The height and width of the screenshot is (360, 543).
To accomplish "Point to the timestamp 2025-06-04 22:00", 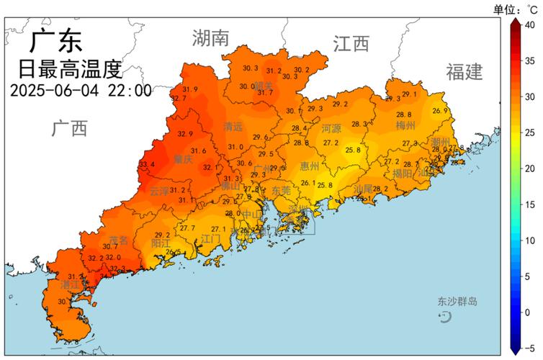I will pos(81,91).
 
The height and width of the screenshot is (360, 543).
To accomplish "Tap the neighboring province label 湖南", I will pos(210,37).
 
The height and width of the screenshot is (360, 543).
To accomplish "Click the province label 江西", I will pos(351,44).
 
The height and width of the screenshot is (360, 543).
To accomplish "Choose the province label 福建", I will pos(464,71).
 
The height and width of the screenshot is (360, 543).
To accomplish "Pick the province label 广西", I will pos(69,129).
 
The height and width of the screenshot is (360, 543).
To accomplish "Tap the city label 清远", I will pos(233,127).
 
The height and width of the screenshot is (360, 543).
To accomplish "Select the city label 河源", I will pos(331,130).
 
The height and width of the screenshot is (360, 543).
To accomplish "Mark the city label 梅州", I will pos(405,125).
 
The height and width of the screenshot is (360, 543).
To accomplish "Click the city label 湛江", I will pos(70,285).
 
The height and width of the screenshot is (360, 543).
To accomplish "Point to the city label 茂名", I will pos(118,240).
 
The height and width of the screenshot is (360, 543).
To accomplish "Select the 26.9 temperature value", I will pos(440,111).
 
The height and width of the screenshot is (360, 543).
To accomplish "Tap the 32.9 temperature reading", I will pos(186,134).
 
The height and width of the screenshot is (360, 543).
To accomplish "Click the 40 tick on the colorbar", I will pos(530,24).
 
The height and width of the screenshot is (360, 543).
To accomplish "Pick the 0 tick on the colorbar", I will pos(530,312).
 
